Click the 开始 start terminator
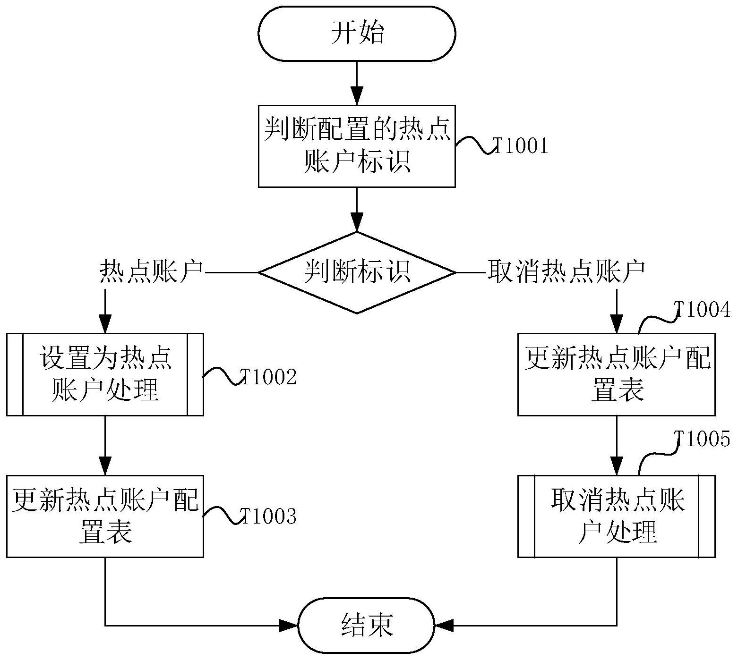coord(357,34)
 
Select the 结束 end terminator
coord(366,626)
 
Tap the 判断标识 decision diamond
coord(357,272)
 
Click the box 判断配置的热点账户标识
coord(357,146)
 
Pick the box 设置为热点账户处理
coord(105,374)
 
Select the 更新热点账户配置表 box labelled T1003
coord(105,516)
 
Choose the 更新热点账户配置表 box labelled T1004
coord(616,374)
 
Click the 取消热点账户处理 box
coord(616,516)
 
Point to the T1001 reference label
coord(520,146)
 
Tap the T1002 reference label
coord(268,377)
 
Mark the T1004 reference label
coord(702,310)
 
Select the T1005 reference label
coord(702,440)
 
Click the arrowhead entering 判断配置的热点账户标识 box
coord(357,96)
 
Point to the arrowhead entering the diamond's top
coord(357,222)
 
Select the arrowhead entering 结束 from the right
coord(444,626)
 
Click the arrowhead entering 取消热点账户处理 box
coord(616,466)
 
